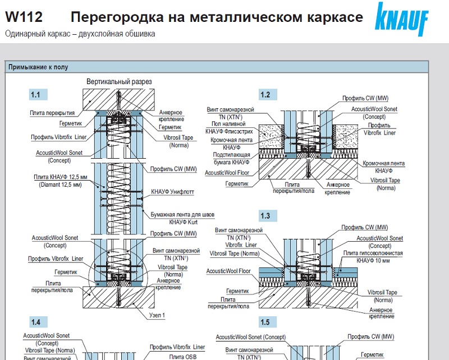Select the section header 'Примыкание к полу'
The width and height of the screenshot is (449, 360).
[38, 67]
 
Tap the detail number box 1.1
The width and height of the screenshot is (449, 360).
[38, 94]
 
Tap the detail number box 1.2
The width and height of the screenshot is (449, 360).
[265, 94]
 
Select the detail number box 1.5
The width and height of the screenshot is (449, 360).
[265, 322]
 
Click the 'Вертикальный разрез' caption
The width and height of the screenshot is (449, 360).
[120, 82]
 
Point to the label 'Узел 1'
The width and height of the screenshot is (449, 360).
[157, 316]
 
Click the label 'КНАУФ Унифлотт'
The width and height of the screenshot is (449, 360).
[172, 192]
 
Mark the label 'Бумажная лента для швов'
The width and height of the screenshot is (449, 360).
[175, 215]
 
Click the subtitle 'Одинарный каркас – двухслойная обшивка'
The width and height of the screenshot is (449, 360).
[80, 34]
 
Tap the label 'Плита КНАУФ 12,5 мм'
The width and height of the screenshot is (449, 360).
[53, 177]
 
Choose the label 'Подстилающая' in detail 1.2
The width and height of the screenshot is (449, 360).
[230, 155]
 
